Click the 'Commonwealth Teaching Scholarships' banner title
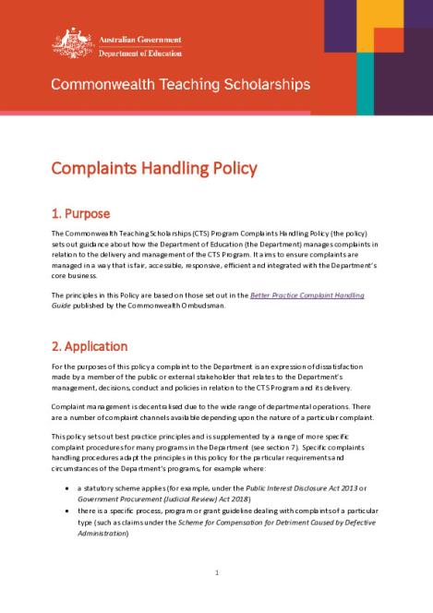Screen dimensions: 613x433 pos(180,84)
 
